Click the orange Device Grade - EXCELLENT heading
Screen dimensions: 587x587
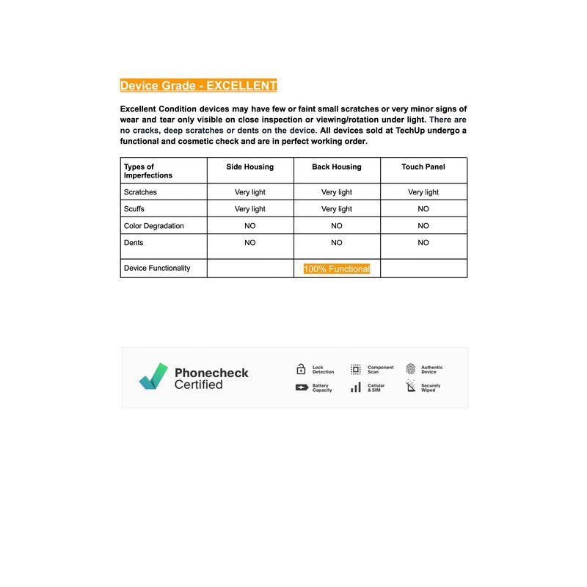(198, 86)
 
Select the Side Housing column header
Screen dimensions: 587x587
(249, 167)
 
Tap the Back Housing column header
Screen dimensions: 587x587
(336, 167)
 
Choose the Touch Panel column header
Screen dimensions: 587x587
(423, 167)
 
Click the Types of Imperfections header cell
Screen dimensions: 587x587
(148, 171)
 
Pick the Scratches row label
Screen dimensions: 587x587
(140, 192)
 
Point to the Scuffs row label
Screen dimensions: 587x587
(134, 209)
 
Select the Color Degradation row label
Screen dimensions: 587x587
(154, 226)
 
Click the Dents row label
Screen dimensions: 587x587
(134, 243)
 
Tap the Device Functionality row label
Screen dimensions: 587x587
(157, 269)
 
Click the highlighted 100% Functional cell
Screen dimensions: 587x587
(337, 269)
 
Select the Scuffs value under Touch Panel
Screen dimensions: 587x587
(423, 209)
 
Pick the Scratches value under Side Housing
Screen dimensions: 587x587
(249, 192)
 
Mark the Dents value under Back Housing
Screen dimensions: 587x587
(337, 243)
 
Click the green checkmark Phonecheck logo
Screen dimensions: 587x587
(154, 376)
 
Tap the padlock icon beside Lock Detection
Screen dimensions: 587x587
(301, 369)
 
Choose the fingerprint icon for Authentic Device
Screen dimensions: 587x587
(410, 369)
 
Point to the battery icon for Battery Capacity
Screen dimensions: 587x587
(302, 387)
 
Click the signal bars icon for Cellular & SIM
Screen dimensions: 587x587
(355, 387)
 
